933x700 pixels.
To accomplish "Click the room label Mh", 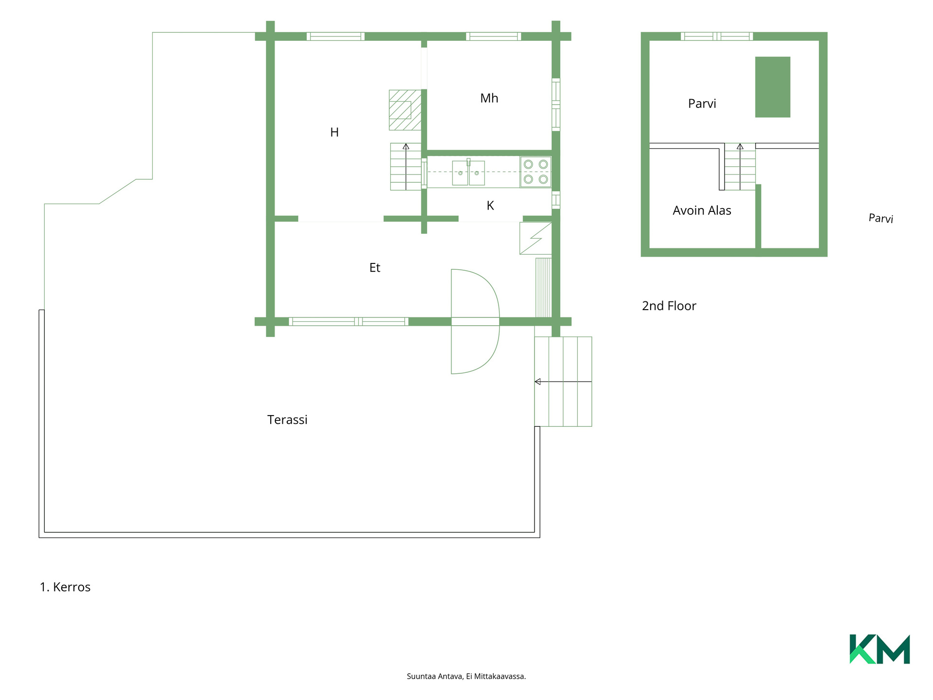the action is pos(489,98).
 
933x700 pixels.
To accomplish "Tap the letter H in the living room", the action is pos(334,132).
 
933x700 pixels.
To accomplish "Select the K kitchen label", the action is pos(490,206).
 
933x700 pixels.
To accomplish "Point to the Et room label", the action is pos(375,267).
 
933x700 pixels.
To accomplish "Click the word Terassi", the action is pos(287,420).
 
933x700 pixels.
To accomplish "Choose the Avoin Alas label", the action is pos(702,210).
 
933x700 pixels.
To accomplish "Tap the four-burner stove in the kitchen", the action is pos(536,172).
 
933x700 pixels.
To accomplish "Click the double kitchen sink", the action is pos(468,173).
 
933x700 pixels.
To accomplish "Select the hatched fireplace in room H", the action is pos(405,110).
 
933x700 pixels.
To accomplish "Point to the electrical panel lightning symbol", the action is pos(536,238).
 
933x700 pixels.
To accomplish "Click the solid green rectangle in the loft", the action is pos(772,87).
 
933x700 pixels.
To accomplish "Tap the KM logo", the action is pos(880,649).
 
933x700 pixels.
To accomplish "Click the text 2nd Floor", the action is pos(669,306).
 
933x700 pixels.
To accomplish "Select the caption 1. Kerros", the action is pos(65,587).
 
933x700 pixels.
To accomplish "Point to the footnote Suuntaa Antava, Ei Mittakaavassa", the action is pos(466,676).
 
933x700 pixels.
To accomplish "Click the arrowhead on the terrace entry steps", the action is pos(537,382).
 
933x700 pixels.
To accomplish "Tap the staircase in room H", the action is pos(406,167).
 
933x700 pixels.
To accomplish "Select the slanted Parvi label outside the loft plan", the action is pos(881,218).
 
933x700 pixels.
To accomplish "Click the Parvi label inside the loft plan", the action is pos(702,104).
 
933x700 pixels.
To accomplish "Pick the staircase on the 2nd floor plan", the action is pos(740,167).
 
